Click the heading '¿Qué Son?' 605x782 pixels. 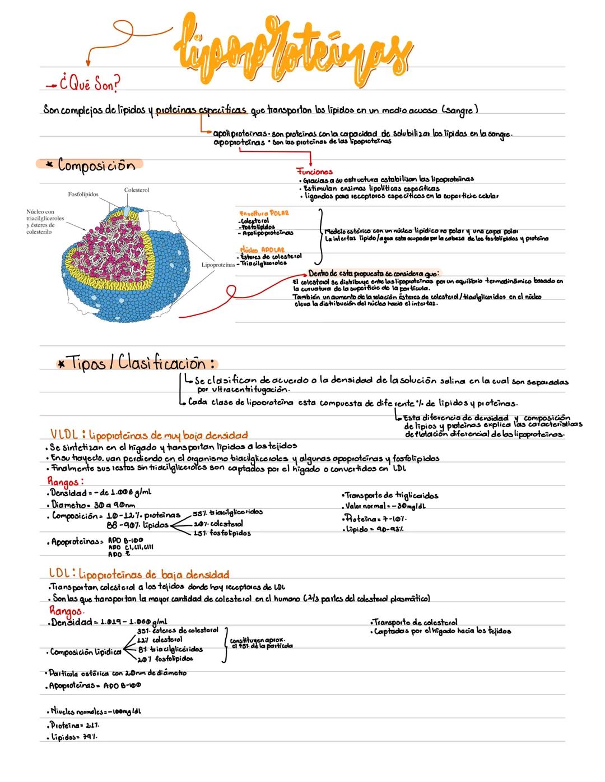(90, 86)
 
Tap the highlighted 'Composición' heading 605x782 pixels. (96, 165)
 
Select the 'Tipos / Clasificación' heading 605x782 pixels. (140, 363)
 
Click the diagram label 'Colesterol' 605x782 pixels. (137, 191)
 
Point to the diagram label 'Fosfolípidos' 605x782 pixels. (83, 195)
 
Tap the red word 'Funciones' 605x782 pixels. (314, 172)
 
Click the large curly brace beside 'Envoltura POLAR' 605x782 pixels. (321, 235)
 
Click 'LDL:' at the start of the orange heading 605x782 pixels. (62, 574)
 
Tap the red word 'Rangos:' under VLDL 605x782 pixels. (66, 481)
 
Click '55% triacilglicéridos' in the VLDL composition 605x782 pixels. (229, 512)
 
